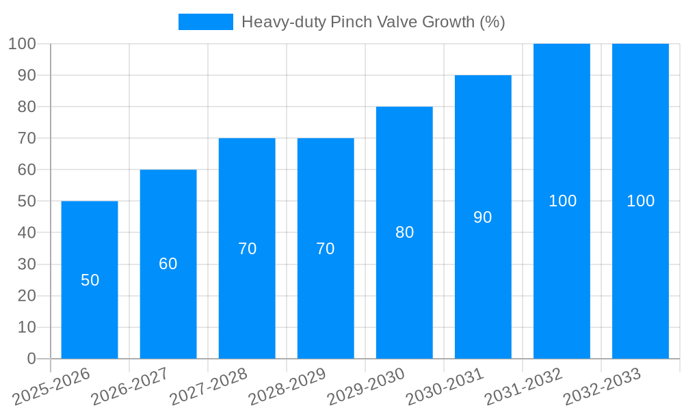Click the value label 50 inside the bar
90,280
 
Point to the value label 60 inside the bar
168,264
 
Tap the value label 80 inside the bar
404,232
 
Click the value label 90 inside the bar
483,217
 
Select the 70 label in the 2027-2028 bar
247,249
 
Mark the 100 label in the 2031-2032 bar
562,201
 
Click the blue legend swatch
205,22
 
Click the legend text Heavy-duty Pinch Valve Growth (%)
373,22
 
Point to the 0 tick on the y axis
31,359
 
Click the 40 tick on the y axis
27,233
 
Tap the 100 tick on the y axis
22,44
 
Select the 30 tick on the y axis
27,264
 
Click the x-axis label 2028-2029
287,387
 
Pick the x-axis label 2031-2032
523,387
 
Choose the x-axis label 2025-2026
51,387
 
